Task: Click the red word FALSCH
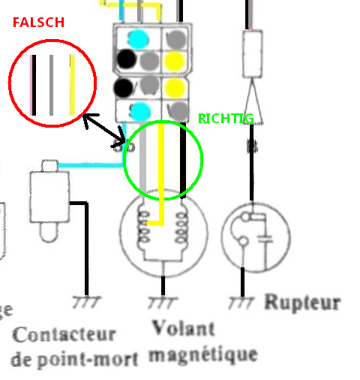(38, 23)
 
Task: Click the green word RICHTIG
(226, 119)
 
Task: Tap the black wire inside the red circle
(34, 85)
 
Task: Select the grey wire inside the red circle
(51, 85)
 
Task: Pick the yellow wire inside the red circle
(72, 85)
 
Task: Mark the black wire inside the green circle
(183, 160)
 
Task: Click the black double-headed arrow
(104, 129)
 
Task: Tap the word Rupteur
(302, 303)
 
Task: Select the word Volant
(184, 328)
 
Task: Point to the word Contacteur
(64, 334)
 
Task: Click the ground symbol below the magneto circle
(163, 303)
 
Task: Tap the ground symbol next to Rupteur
(241, 303)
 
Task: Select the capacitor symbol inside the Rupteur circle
(265, 239)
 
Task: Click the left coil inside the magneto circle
(144, 227)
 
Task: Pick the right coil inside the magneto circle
(181, 228)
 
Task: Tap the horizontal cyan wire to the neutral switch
(91, 165)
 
